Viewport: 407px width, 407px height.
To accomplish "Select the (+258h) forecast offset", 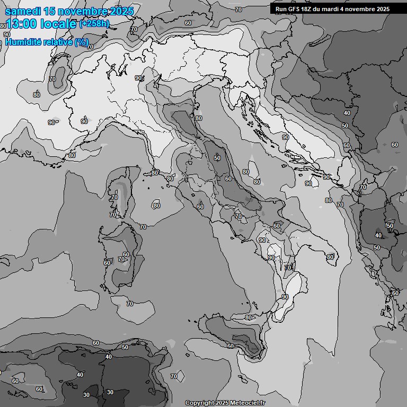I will [x=95, y=24].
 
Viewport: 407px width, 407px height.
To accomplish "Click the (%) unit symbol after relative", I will [x=81, y=42].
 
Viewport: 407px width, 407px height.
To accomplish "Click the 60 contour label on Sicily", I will [x=231, y=346].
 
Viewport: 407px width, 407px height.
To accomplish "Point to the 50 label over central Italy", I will [x=217, y=158].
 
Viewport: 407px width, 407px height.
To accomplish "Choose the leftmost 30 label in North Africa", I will [x=86, y=395].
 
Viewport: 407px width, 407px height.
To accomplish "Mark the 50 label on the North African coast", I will [x=125, y=347].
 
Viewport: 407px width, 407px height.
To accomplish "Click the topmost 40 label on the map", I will [x=347, y=113].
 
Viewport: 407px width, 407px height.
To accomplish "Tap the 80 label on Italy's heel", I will [x=330, y=257].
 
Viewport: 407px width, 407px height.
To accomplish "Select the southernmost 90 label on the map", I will [x=285, y=297].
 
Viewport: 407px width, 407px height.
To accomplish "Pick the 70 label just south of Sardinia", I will [x=130, y=304].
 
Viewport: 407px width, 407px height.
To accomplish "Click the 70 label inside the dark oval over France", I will [x=52, y=79].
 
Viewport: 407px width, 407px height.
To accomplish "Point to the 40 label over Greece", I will [x=378, y=235].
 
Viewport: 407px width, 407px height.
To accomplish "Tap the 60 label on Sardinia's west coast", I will [x=107, y=263].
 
